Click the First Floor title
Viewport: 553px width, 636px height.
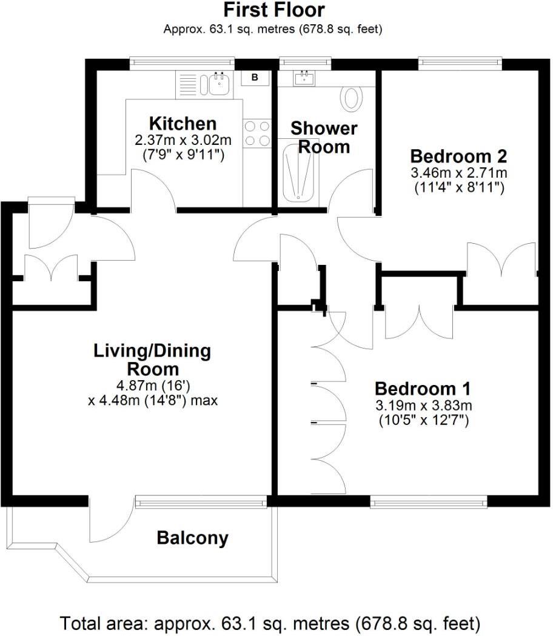coord(274,10)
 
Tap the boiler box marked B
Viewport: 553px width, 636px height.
coord(255,78)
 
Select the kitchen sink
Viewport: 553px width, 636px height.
coord(218,85)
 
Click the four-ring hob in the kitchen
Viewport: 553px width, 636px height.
coord(257,133)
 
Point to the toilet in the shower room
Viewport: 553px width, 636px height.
coord(352,98)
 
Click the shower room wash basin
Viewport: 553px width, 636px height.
coord(303,78)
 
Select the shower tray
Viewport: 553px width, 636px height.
coord(299,170)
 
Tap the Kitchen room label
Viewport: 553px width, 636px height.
coord(183,123)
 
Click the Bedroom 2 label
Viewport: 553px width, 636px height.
coord(458,155)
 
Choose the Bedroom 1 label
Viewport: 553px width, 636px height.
coord(423,388)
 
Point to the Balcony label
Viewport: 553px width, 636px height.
coord(192,538)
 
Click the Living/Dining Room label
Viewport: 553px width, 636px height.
coord(152,360)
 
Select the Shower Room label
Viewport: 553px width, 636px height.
coord(323,138)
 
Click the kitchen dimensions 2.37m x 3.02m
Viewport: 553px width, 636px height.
coord(183,141)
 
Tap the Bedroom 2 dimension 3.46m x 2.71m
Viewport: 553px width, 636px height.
coord(458,173)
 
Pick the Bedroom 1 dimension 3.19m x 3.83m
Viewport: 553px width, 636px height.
coord(423,406)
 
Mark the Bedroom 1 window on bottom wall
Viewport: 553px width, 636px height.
coord(429,501)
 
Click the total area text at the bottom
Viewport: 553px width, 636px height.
coord(270,623)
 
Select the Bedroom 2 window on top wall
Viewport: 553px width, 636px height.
coord(460,61)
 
